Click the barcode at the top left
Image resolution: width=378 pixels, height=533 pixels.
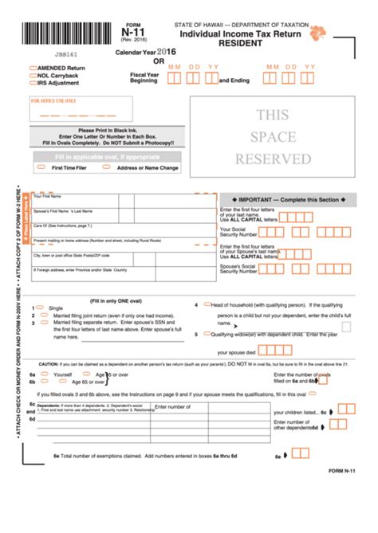[55, 33]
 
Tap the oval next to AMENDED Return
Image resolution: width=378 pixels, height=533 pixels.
[33, 68]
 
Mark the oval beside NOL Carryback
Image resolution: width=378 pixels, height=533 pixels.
[33, 75]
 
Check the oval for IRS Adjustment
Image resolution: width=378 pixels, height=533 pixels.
[33, 82]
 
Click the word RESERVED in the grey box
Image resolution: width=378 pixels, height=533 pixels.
[272, 159]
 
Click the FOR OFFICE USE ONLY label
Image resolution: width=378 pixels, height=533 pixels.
[53, 101]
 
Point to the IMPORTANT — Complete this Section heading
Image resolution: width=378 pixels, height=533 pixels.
[273, 200]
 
